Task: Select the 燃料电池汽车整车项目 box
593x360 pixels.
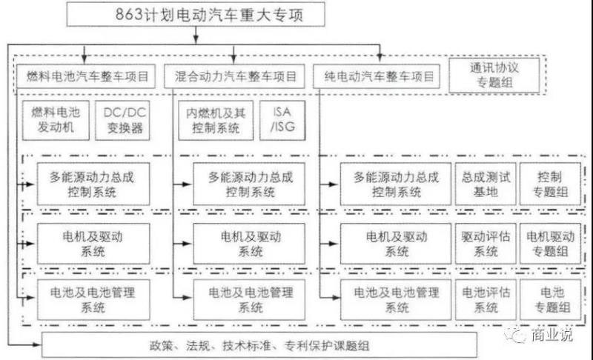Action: click(86, 76)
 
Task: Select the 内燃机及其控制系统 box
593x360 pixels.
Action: click(214, 121)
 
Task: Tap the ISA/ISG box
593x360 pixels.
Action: click(282, 121)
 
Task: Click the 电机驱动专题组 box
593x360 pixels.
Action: click(550, 244)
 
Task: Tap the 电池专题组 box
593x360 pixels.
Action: click(550, 299)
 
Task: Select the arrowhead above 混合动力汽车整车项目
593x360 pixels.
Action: click(234, 59)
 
